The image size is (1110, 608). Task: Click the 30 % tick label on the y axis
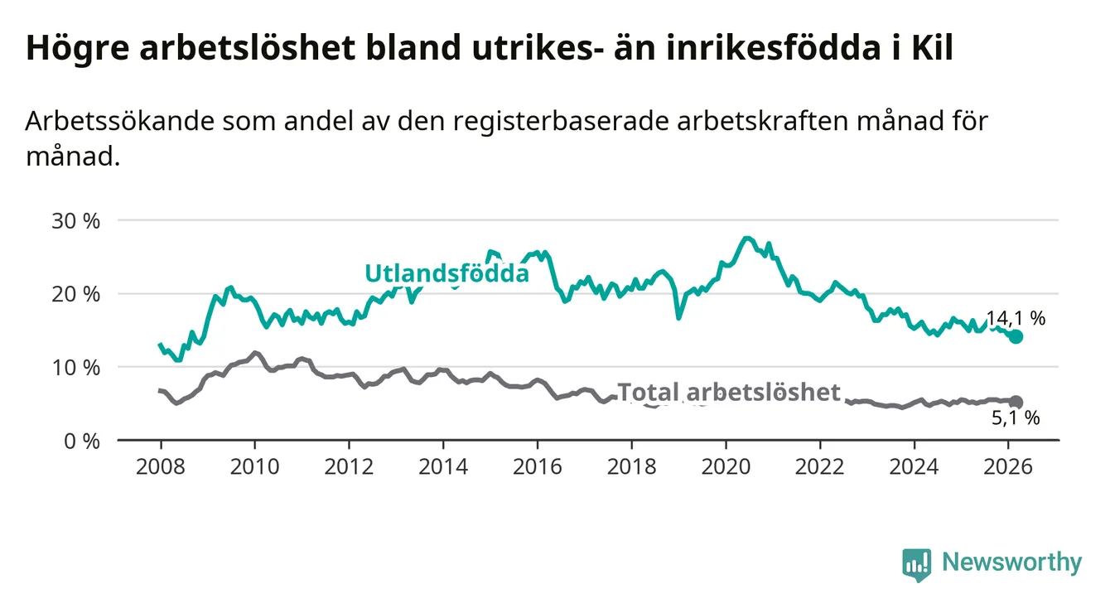[75, 221]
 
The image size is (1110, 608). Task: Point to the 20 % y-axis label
[75, 294]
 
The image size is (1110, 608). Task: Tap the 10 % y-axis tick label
[75, 367]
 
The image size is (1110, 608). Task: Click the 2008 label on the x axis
[161, 466]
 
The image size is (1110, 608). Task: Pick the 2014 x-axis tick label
[443, 466]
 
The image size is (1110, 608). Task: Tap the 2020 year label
[726, 466]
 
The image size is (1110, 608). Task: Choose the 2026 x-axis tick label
[1008, 466]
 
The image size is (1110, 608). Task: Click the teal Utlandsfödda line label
[446, 273]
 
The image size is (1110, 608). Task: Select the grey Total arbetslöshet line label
[729, 392]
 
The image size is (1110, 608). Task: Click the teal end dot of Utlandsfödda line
[1016, 336]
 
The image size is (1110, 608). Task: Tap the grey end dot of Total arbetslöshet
[1016, 402]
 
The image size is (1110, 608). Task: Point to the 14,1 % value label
[1016, 319]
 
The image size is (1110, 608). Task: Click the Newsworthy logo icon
[916, 564]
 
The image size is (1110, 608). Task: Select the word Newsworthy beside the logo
[1011, 563]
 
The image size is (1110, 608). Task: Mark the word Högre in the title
[76, 49]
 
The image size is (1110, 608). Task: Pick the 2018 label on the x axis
[632, 466]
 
